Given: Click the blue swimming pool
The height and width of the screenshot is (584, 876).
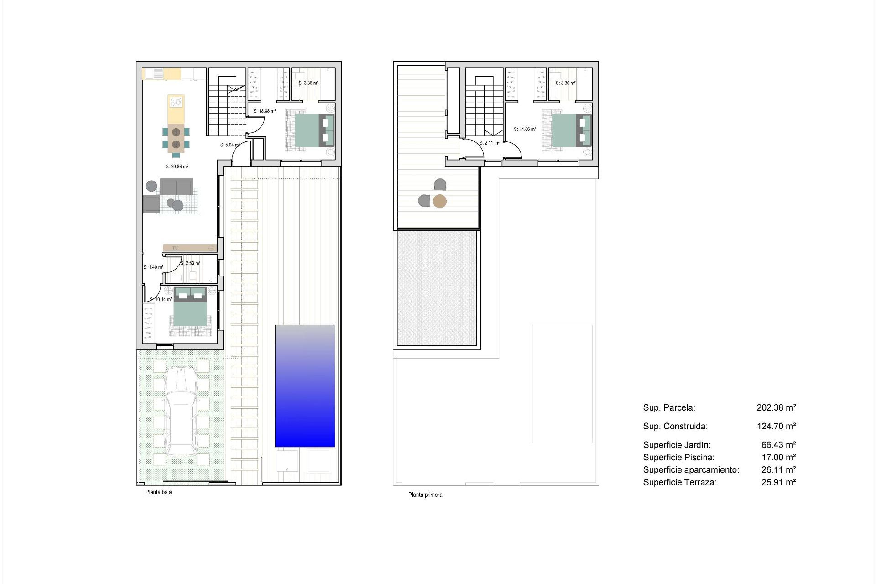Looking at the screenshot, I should [x=305, y=386].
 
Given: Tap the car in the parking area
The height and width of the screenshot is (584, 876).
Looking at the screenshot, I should [x=182, y=412].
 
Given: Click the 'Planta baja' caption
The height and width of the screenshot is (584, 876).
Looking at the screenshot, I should [x=158, y=492].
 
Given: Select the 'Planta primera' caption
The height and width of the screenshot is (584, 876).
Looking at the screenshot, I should [x=425, y=495].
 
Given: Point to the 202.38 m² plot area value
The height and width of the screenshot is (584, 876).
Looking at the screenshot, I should [x=776, y=407].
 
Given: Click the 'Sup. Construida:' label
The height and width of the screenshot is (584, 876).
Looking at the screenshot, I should [x=675, y=426].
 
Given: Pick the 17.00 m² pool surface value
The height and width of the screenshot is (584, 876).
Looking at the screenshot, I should [x=778, y=457].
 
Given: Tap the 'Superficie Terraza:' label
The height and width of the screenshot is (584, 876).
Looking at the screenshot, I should [x=679, y=482].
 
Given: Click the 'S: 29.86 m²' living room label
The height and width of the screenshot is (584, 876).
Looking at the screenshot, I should [x=177, y=167].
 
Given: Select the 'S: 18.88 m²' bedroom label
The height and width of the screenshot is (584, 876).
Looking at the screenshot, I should [x=265, y=111].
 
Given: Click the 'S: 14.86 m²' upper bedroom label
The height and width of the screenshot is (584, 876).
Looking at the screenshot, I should [x=525, y=129].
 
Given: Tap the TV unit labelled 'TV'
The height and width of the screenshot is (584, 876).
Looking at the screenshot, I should [x=189, y=248].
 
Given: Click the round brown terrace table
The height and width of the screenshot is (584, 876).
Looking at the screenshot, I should [x=440, y=201].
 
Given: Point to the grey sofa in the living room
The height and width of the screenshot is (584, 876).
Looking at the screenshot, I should [x=176, y=187].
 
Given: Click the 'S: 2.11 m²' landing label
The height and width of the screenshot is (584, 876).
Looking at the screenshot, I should [x=489, y=143].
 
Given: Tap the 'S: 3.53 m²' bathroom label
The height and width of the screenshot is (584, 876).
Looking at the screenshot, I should [x=190, y=263].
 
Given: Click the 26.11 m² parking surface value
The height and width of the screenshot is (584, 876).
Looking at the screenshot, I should [x=778, y=469].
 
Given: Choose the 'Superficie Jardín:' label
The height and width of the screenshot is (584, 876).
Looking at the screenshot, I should [x=677, y=445].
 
